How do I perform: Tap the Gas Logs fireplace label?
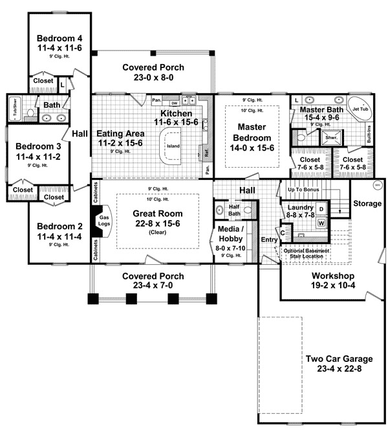104,220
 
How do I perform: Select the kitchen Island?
173,146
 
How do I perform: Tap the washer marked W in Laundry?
320,223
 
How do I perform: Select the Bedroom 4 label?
59,42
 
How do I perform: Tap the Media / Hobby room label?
231,237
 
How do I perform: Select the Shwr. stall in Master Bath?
330,138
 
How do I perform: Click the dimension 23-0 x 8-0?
153,77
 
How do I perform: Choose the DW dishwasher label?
174,103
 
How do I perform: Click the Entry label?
268,240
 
